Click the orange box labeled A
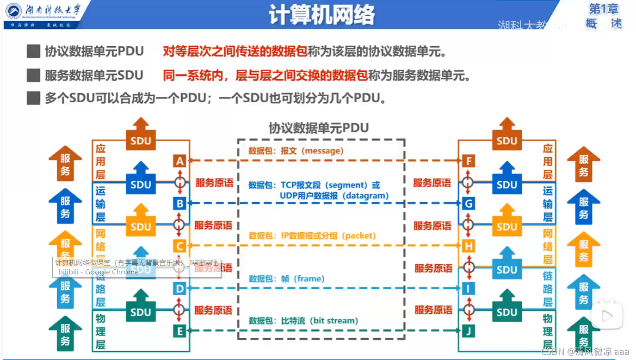coord(179,161)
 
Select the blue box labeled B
coord(179,203)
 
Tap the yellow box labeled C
coord(179,246)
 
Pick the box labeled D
coord(179,289)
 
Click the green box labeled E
coord(179,331)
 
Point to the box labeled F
coord(469,161)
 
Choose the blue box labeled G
coord(469,204)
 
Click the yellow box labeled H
coord(469,246)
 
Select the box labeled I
coord(469,289)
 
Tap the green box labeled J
coord(469,331)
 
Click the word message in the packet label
coord(322,151)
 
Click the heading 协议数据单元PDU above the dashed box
coord(319,128)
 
